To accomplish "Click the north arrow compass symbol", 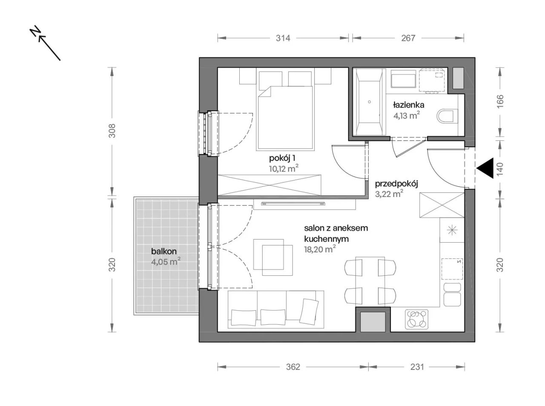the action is click(x=45, y=43).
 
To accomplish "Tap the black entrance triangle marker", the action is click(x=485, y=168).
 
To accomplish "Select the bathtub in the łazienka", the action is click(x=369, y=102).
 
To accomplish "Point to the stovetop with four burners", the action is click(x=417, y=319).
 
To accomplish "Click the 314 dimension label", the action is click(x=283, y=38).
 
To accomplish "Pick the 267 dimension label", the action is click(x=408, y=38).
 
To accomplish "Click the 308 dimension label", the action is click(x=112, y=131).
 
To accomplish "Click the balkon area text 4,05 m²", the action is click(x=166, y=261).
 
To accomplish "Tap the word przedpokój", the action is click(x=396, y=184).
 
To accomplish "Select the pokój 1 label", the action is click(x=282, y=158).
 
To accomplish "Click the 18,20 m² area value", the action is click(x=320, y=249).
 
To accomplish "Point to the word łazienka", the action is click(x=408, y=105).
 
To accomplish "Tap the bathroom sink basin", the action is click(x=403, y=79).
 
